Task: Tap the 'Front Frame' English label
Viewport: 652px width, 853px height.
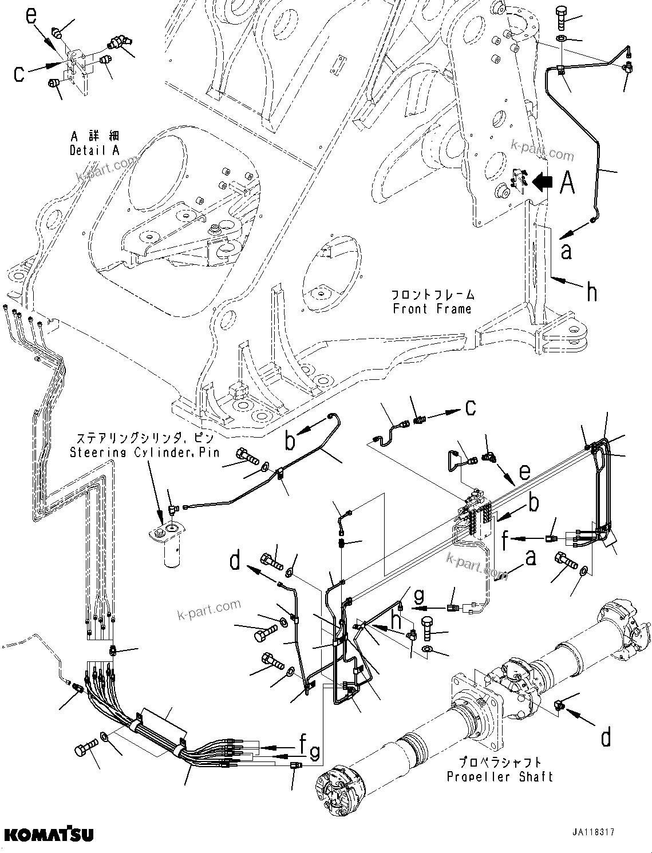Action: tap(432, 309)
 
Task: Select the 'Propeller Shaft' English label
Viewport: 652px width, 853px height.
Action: tap(499, 777)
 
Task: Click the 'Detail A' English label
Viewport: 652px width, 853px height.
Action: tap(95, 151)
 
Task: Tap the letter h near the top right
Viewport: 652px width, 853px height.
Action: tap(592, 292)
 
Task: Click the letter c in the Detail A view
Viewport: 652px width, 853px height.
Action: tap(19, 74)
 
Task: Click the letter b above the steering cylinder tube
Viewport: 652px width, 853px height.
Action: tap(291, 441)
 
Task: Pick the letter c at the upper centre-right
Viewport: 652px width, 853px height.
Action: tap(471, 408)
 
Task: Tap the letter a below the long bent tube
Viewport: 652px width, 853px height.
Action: tap(566, 250)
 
